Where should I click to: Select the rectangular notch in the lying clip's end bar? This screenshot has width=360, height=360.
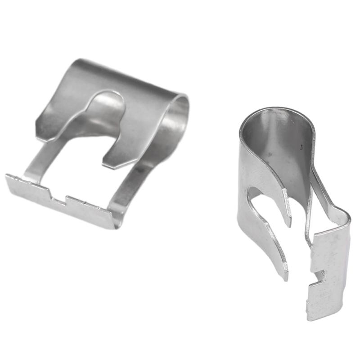(x=58, y=196)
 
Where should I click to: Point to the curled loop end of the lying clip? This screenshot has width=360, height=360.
(x=180, y=112)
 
